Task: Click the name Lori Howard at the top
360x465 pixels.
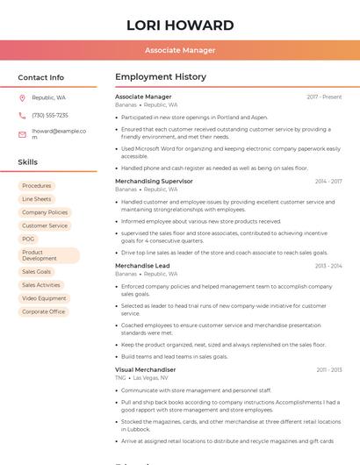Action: point(180,25)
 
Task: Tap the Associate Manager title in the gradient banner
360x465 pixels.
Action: point(180,50)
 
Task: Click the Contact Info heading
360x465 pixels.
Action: point(41,77)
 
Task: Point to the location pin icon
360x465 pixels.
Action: point(22,97)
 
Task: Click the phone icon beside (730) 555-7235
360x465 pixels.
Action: point(22,116)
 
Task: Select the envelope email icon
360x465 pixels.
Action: point(22,134)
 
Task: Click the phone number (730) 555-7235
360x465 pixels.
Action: point(50,116)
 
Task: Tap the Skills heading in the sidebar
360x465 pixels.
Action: point(28,162)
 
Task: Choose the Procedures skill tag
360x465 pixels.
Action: point(37,186)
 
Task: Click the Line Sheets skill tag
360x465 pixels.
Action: point(37,199)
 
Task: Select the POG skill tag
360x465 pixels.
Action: point(29,239)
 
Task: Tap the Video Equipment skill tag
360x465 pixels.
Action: point(44,298)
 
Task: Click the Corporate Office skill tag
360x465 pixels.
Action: point(44,311)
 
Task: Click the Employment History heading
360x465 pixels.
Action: point(161,77)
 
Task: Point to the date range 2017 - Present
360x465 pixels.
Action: point(324,97)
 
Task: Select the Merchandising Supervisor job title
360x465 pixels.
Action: point(154,181)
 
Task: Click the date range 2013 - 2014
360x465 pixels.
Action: point(328,266)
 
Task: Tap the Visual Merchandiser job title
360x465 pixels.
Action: point(145,369)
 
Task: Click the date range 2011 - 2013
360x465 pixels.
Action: point(328,369)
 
